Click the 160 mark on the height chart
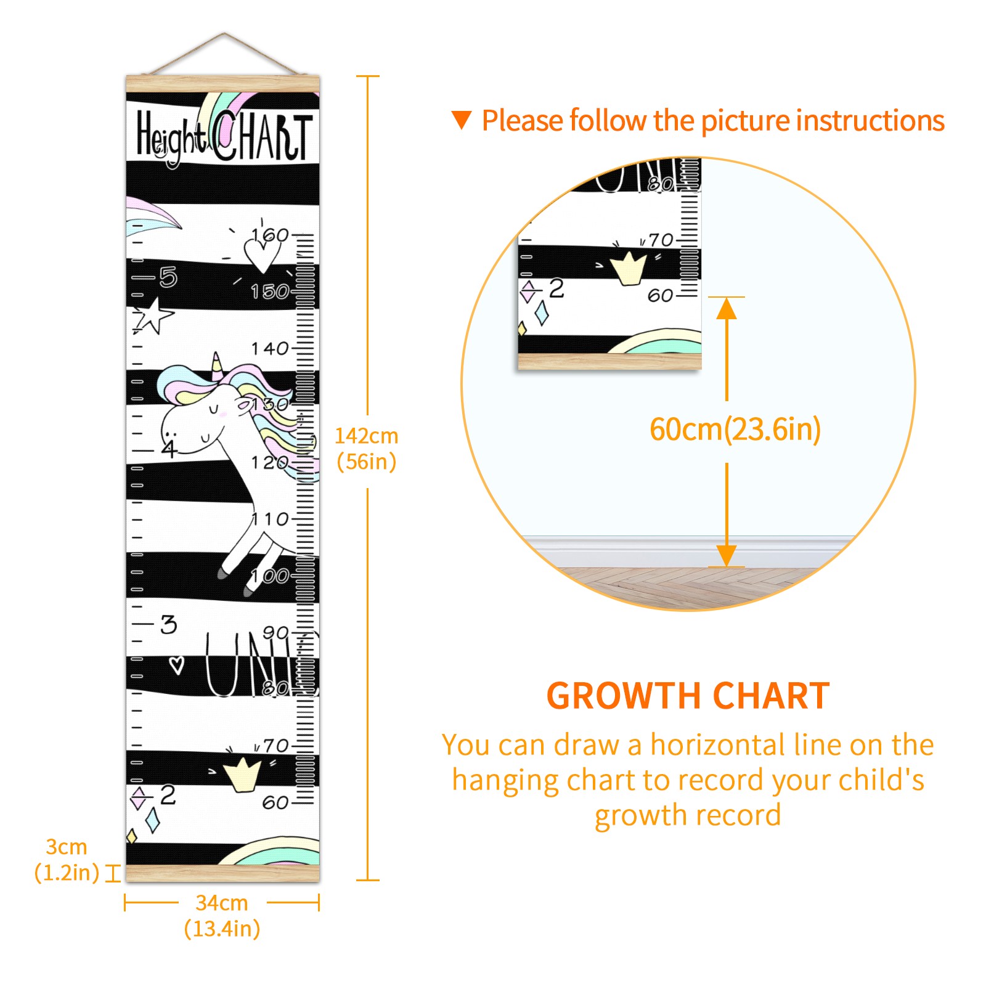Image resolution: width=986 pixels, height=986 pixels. (x=270, y=235)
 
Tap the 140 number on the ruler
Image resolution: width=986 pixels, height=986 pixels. (x=270, y=349)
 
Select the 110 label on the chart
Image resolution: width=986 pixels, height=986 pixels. (x=270, y=519)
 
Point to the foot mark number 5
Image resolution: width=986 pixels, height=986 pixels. (x=168, y=277)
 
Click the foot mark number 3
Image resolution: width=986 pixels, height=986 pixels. (x=168, y=624)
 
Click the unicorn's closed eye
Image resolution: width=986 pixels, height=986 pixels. (x=213, y=409)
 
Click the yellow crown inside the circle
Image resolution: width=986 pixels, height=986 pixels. (x=628, y=268)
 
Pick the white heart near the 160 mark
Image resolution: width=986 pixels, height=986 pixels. (x=262, y=256)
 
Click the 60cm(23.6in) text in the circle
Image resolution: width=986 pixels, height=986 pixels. (x=735, y=430)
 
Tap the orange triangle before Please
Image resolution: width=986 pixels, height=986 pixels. (x=462, y=120)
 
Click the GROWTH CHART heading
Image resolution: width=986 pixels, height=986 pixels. (x=688, y=696)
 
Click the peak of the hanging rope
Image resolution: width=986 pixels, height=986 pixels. (x=224, y=33)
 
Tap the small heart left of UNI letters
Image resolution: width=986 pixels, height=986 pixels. (x=177, y=666)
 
